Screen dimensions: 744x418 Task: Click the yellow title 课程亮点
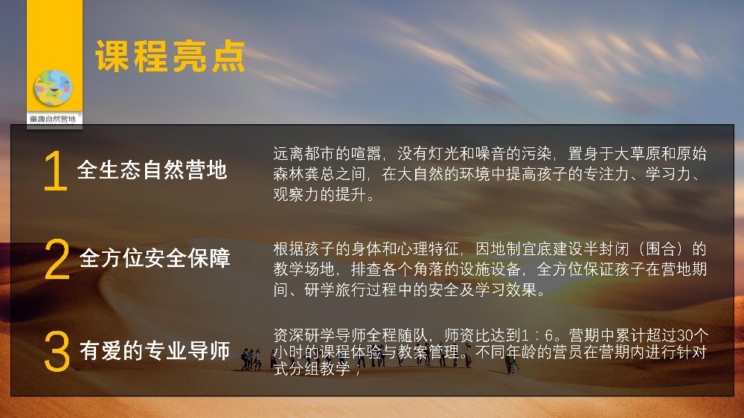[170, 57]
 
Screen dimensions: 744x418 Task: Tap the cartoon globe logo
[53, 88]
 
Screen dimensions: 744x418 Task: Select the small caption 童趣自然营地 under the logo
[53, 118]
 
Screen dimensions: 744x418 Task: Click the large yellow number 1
[55, 171]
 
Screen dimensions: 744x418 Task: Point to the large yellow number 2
[57, 259]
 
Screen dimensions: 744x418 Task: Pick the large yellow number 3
[57, 351]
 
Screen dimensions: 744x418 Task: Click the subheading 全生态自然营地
[152, 170]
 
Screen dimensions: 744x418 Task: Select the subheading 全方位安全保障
[155, 258]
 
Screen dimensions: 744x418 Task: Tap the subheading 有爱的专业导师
[155, 350]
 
